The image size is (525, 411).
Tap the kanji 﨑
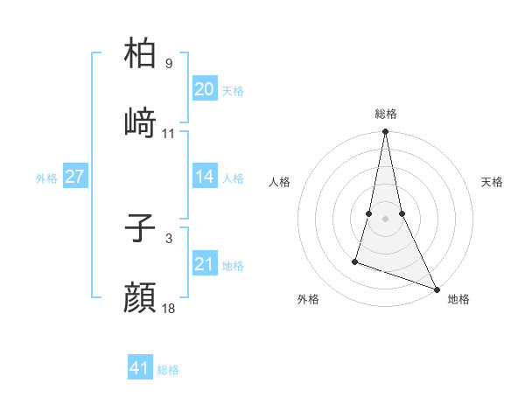tap(141, 122)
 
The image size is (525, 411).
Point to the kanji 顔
tap(141, 297)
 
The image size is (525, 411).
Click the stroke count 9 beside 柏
tap(169, 64)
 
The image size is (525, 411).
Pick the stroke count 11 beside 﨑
tap(169, 134)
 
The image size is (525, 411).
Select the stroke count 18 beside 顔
tap(169, 309)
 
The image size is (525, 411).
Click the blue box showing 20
tap(205, 89)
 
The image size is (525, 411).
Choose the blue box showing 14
tap(205, 177)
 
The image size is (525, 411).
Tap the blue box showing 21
tap(205, 264)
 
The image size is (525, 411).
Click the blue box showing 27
tap(74, 177)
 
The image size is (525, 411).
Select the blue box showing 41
tap(140, 368)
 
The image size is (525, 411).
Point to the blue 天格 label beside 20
tap(233, 91)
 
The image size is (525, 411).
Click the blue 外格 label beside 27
tap(46, 178)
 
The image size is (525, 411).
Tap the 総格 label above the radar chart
tap(386, 114)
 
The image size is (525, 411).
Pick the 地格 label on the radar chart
tap(458, 299)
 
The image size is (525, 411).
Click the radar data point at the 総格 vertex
tap(386, 132)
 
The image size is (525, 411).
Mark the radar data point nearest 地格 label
tap(436, 288)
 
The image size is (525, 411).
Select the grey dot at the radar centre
tap(386, 218)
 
